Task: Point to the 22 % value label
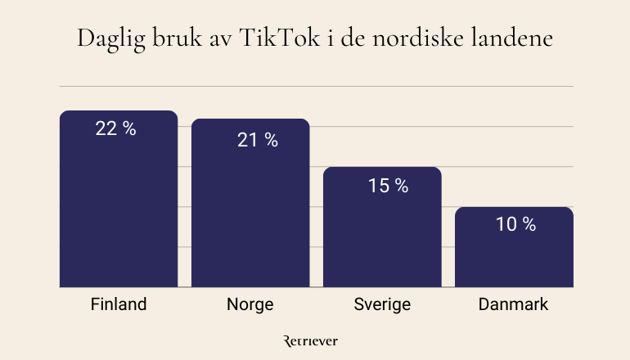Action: [115, 128]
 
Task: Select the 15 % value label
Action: [388, 186]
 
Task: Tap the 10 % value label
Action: [515, 223]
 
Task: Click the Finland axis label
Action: [119, 305]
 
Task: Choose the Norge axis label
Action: [250, 305]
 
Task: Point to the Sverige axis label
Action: [382, 305]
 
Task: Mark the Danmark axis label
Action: [514, 305]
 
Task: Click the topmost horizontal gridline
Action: [315, 85]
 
